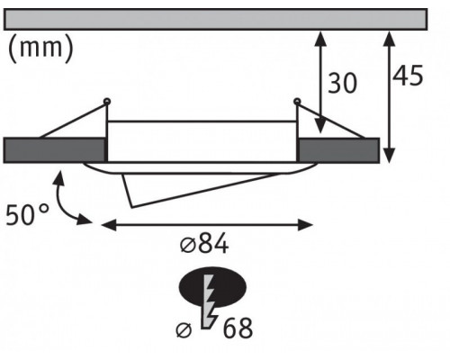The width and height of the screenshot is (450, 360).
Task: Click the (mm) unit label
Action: pos(40,48)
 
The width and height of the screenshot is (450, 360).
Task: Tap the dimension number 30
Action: pos(343,83)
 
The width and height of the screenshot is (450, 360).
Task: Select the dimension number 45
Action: pos(408,75)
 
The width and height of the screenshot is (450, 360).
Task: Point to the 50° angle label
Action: pos(27,214)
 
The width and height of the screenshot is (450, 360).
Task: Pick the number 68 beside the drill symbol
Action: pos(238,328)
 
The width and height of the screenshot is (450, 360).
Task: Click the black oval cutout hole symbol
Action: pos(212,286)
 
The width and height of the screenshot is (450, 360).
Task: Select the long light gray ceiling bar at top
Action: pos(215,20)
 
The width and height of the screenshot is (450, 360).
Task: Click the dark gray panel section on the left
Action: pos(55,150)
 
